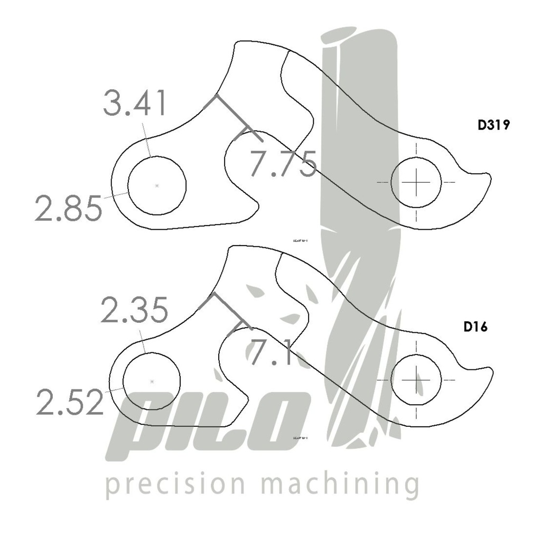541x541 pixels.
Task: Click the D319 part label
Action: (x=493, y=126)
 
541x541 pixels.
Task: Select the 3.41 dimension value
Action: (x=135, y=104)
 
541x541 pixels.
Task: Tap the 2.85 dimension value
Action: (x=68, y=208)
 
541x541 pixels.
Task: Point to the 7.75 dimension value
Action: (x=283, y=163)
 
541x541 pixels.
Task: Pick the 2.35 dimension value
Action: (x=134, y=310)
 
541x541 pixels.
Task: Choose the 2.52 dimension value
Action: (x=69, y=403)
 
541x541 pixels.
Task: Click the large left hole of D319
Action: (x=157, y=185)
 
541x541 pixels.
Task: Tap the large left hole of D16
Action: (x=152, y=381)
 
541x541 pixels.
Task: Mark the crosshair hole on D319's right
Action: (x=416, y=182)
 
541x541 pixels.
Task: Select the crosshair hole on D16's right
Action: (x=416, y=380)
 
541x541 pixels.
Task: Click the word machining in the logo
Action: (x=340, y=484)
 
